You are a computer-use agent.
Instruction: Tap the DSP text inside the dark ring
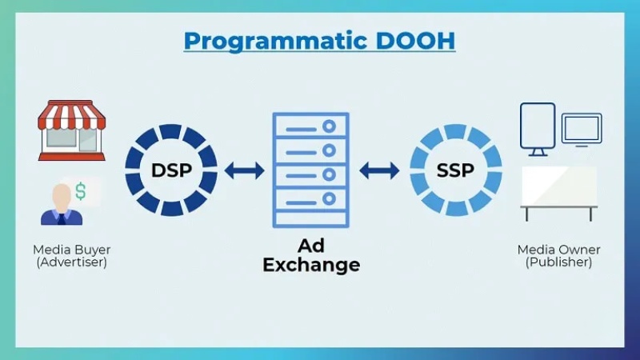coord(171,170)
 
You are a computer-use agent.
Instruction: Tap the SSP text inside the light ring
coord(456,170)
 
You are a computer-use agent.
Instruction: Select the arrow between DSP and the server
coord(245,170)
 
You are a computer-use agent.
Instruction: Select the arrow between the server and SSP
coord(379,170)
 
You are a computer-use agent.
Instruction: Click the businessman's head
coord(62,194)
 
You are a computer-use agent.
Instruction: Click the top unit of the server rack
coord(310,129)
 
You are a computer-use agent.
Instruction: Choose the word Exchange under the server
coord(311,264)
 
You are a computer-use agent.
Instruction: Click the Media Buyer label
coord(72,250)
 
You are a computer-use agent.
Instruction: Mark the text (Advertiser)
coord(72,262)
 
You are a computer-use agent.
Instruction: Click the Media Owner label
coord(558,250)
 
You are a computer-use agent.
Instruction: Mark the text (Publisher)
coord(558,262)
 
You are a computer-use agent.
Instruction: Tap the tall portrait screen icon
coord(538,126)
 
